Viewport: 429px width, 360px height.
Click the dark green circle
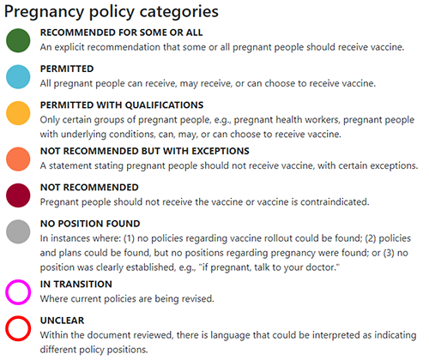tap(17, 39)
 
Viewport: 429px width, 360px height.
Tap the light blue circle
tap(17, 76)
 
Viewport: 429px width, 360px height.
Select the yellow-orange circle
tap(17, 113)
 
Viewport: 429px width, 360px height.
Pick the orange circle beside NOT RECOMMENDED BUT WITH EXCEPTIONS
tap(17, 159)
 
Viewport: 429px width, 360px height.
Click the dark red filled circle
tap(17, 195)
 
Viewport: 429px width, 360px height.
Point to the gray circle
tap(17, 232)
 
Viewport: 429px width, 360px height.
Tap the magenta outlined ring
tap(17, 291)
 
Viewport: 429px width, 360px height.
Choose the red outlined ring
tap(17, 328)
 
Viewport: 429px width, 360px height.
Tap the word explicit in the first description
tap(75, 46)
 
